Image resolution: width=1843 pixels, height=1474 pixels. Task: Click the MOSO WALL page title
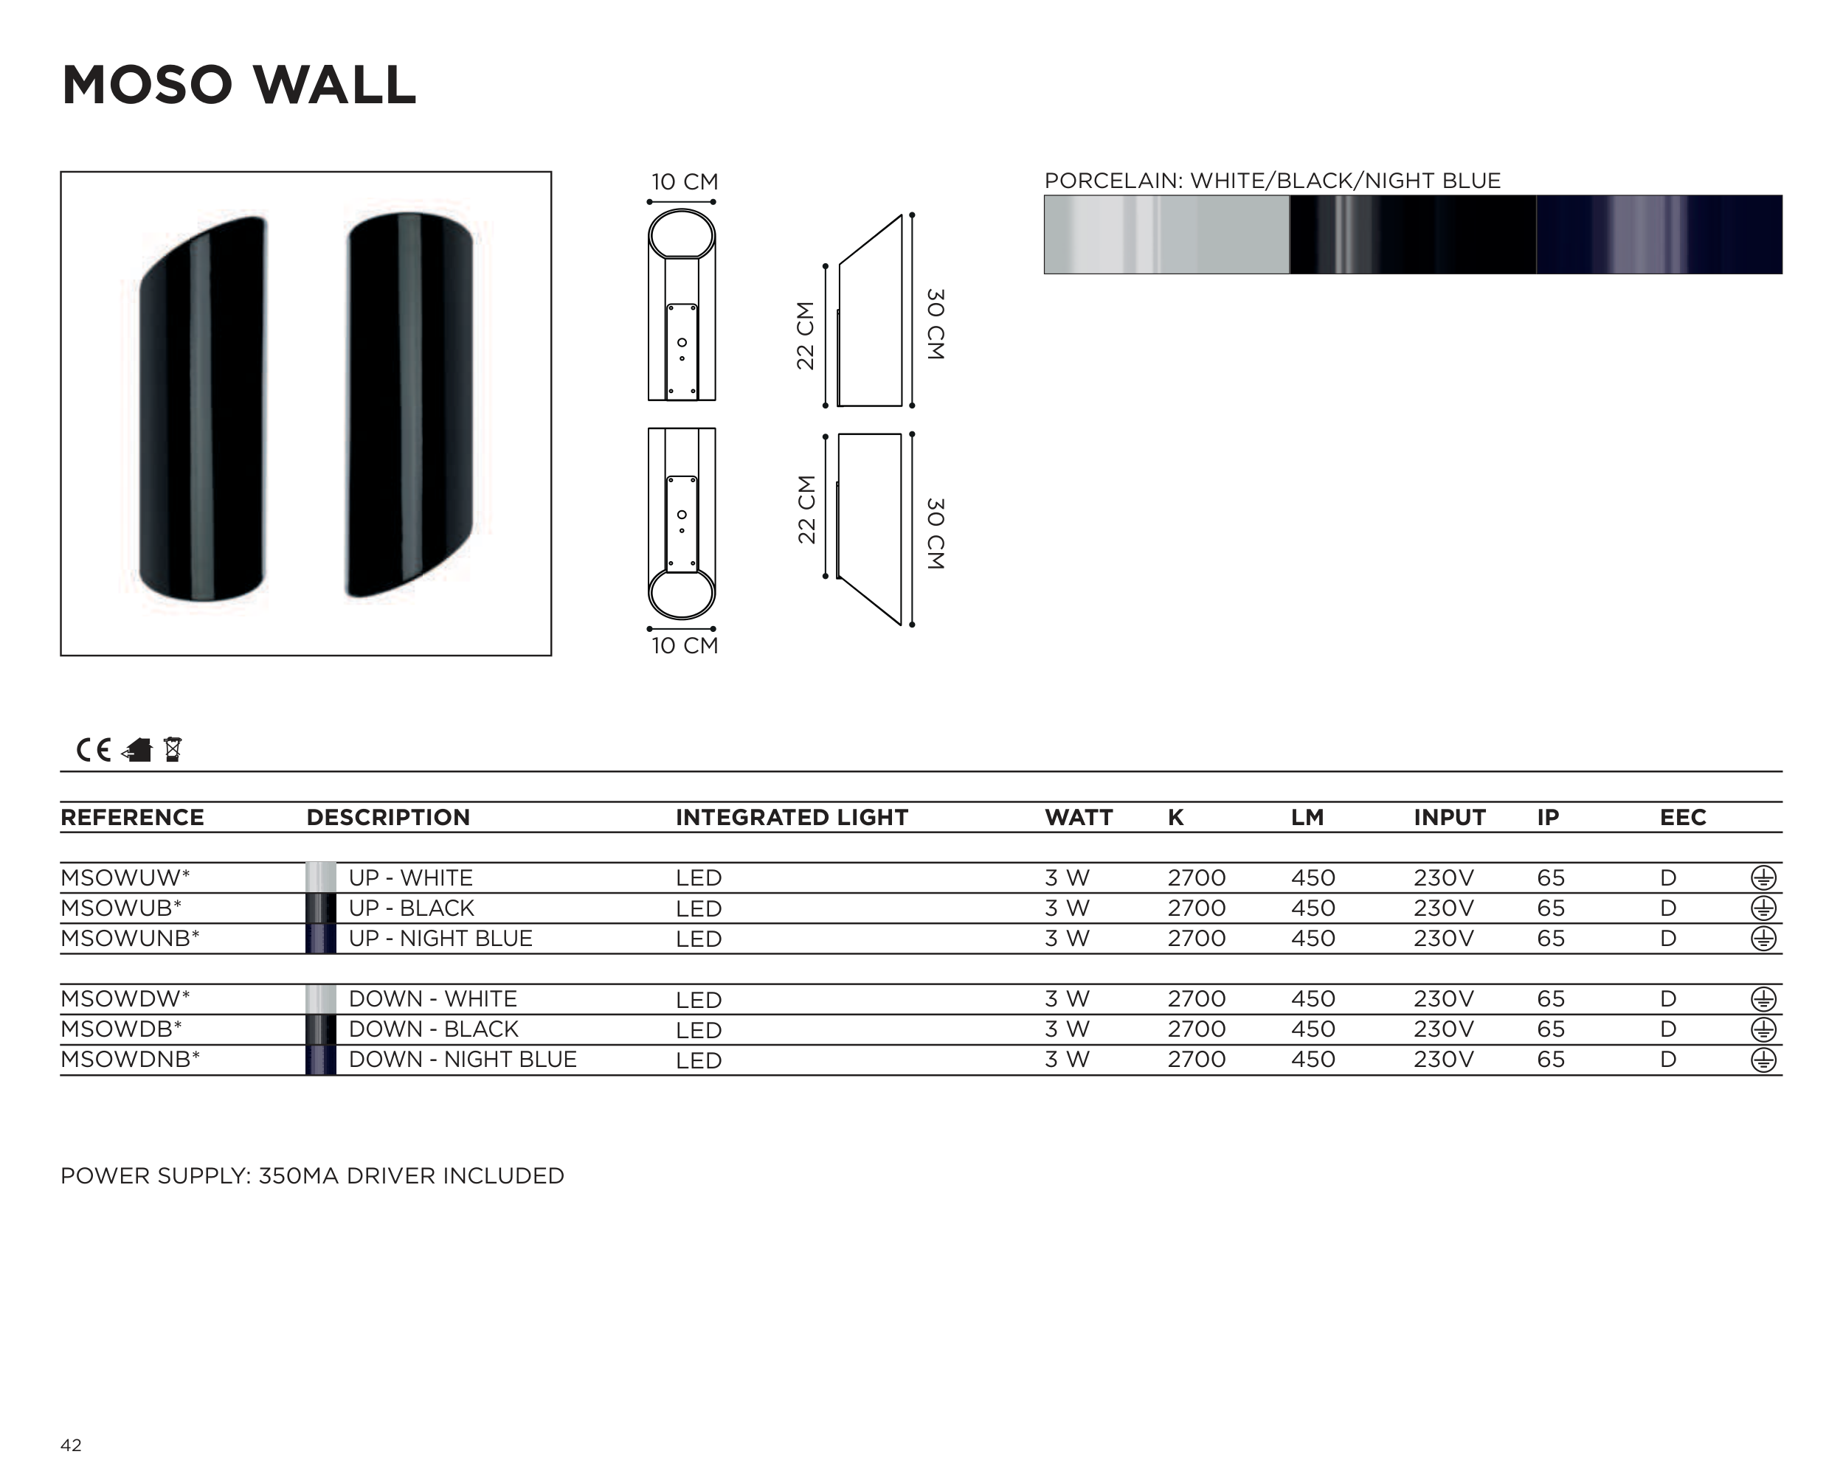click(x=238, y=86)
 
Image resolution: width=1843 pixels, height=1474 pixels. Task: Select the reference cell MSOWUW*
click(x=125, y=877)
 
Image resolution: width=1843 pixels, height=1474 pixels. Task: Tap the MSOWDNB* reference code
click(x=130, y=1060)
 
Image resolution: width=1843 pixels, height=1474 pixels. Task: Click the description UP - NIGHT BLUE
click(x=440, y=938)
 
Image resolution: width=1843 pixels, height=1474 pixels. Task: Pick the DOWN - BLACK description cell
click(x=433, y=1029)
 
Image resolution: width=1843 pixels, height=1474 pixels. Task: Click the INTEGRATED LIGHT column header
click(x=792, y=818)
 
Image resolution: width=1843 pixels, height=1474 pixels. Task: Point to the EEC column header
click(x=1682, y=818)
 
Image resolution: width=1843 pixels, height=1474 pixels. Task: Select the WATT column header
click(x=1079, y=818)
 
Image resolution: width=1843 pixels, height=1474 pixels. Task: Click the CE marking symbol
click(x=94, y=750)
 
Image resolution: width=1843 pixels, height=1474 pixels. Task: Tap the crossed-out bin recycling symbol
click(x=173, y=749)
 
